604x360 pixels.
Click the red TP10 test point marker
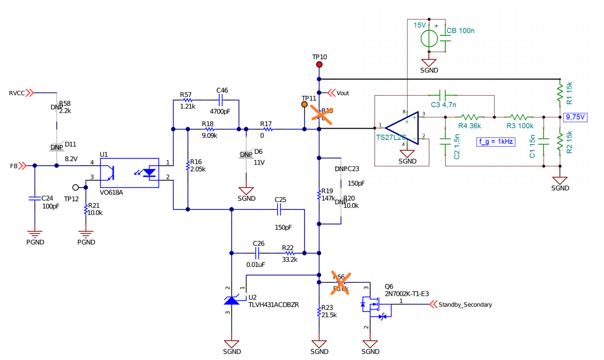point(319,64)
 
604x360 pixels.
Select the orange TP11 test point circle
point(304,105)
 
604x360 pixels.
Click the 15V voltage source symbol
point(429,38)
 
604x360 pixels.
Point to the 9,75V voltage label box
point(576,117)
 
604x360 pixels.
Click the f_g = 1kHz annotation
point(495,142)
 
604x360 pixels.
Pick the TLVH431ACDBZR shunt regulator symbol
point(232,299)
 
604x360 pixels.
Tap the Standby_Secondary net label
point(465,305)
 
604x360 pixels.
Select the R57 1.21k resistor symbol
point(188,100)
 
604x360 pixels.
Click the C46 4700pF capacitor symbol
point(220,100)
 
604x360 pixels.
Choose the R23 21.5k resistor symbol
point(319,311)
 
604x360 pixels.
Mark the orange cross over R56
point(340,283)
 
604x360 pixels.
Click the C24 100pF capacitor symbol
point(34,198)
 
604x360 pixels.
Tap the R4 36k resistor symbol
point(470,117)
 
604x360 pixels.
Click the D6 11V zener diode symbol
point(246,154)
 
